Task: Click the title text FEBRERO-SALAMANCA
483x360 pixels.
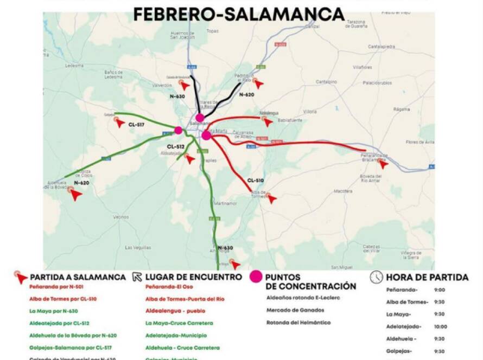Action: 239,14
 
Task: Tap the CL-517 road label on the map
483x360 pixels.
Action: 136,124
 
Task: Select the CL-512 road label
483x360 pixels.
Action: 175,146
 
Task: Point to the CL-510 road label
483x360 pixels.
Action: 255,181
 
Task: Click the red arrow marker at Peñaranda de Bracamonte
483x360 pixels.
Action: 383,164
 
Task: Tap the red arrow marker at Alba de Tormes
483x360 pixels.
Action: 271,198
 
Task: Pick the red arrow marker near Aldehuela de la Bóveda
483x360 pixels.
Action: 76,195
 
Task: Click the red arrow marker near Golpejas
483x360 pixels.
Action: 120,123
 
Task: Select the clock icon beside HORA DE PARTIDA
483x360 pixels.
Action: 376,277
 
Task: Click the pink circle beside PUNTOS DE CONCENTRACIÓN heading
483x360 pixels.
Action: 256,277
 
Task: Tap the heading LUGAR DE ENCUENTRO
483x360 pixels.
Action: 194,277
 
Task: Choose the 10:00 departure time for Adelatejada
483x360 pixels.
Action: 441,326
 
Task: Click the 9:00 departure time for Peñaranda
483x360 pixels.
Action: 440,290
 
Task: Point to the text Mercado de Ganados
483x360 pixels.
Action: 295,310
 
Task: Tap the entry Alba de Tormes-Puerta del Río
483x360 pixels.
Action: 185,299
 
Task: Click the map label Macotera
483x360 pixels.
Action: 343,191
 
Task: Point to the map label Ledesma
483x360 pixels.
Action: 74,65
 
